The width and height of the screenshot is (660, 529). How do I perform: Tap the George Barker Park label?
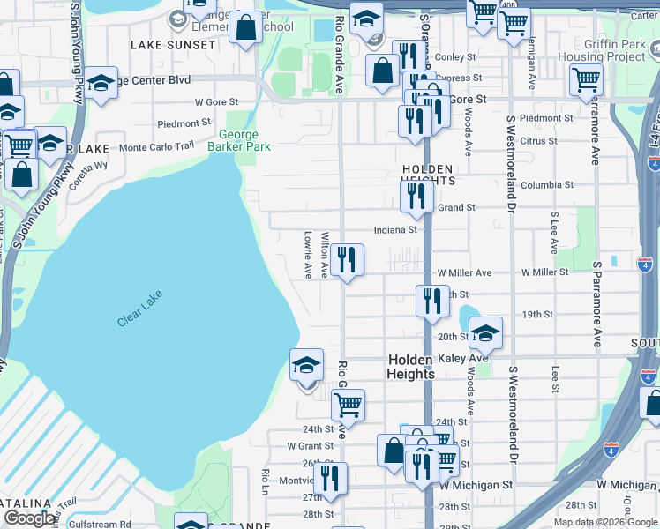238,141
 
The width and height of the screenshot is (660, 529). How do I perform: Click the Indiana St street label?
394,229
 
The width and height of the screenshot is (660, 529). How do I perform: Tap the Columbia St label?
546,185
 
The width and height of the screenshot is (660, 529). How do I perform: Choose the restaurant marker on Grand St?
416,197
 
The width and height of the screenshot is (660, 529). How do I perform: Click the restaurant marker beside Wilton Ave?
348,259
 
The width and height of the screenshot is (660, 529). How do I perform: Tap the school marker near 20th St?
484,333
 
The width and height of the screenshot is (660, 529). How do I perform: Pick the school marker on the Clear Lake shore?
306,364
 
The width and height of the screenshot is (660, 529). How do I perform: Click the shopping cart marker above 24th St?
348,405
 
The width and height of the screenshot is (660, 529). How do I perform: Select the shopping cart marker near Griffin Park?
586,79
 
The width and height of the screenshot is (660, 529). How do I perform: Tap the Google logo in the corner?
29,518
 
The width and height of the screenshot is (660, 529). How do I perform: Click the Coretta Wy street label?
88,165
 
